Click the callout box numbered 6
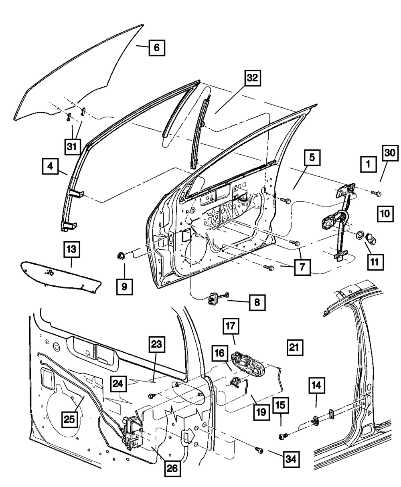click(157, 48)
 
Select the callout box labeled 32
click(253, 78)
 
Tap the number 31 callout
click(72, 146)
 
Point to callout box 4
click(50, 166)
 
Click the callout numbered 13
click(72, 249)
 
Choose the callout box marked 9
click(124, 287)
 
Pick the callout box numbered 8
click(257, 303)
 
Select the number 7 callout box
click(302, 267)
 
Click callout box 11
click(375, 262)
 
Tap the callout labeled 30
click(390, 153)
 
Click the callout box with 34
click(291, 459)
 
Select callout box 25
click(69, 419)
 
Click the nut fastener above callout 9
click(121, 256)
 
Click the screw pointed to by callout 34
click(259, 450)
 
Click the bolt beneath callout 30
click(376, 193)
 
